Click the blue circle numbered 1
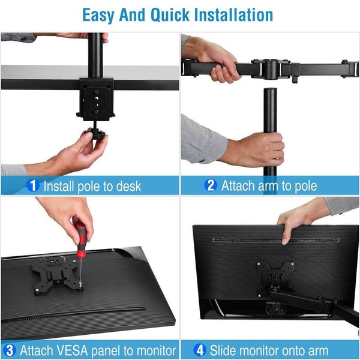click(34, 185)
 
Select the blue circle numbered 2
click(211, 185)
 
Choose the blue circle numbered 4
click(200, 350)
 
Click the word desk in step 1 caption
click(127, 185)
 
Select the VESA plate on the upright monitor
click(275, 275)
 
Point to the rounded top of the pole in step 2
click(269, 91)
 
